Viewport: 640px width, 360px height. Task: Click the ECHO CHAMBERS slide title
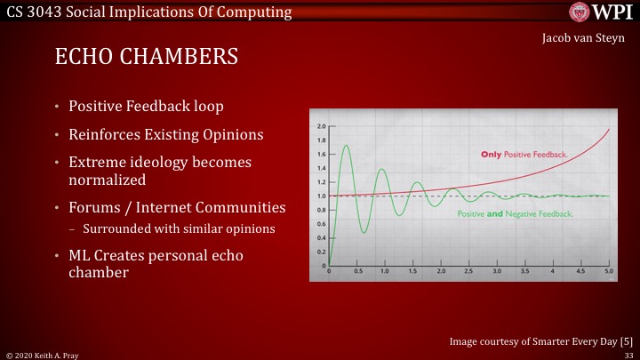pos(147,58)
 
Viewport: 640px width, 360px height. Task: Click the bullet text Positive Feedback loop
pos(147,107)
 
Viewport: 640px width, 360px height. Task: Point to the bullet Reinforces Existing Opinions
pos(164,135)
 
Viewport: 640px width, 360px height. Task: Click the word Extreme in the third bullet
pos(99,163)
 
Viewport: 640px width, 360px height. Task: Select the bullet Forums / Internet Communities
pos(178,207)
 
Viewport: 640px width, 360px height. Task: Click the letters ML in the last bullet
pos(80,255)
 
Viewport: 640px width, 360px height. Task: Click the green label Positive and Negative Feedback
pos(515,214)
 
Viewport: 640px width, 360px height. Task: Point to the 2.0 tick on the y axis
pos(321,126)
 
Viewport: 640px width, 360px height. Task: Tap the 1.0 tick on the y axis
pos(321,196)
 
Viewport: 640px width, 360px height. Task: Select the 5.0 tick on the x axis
pos(608,270)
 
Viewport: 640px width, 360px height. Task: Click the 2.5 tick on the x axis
pos(469,270)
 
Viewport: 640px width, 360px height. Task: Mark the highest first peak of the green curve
pos(346,145)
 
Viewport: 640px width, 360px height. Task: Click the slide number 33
pos(628,354)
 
